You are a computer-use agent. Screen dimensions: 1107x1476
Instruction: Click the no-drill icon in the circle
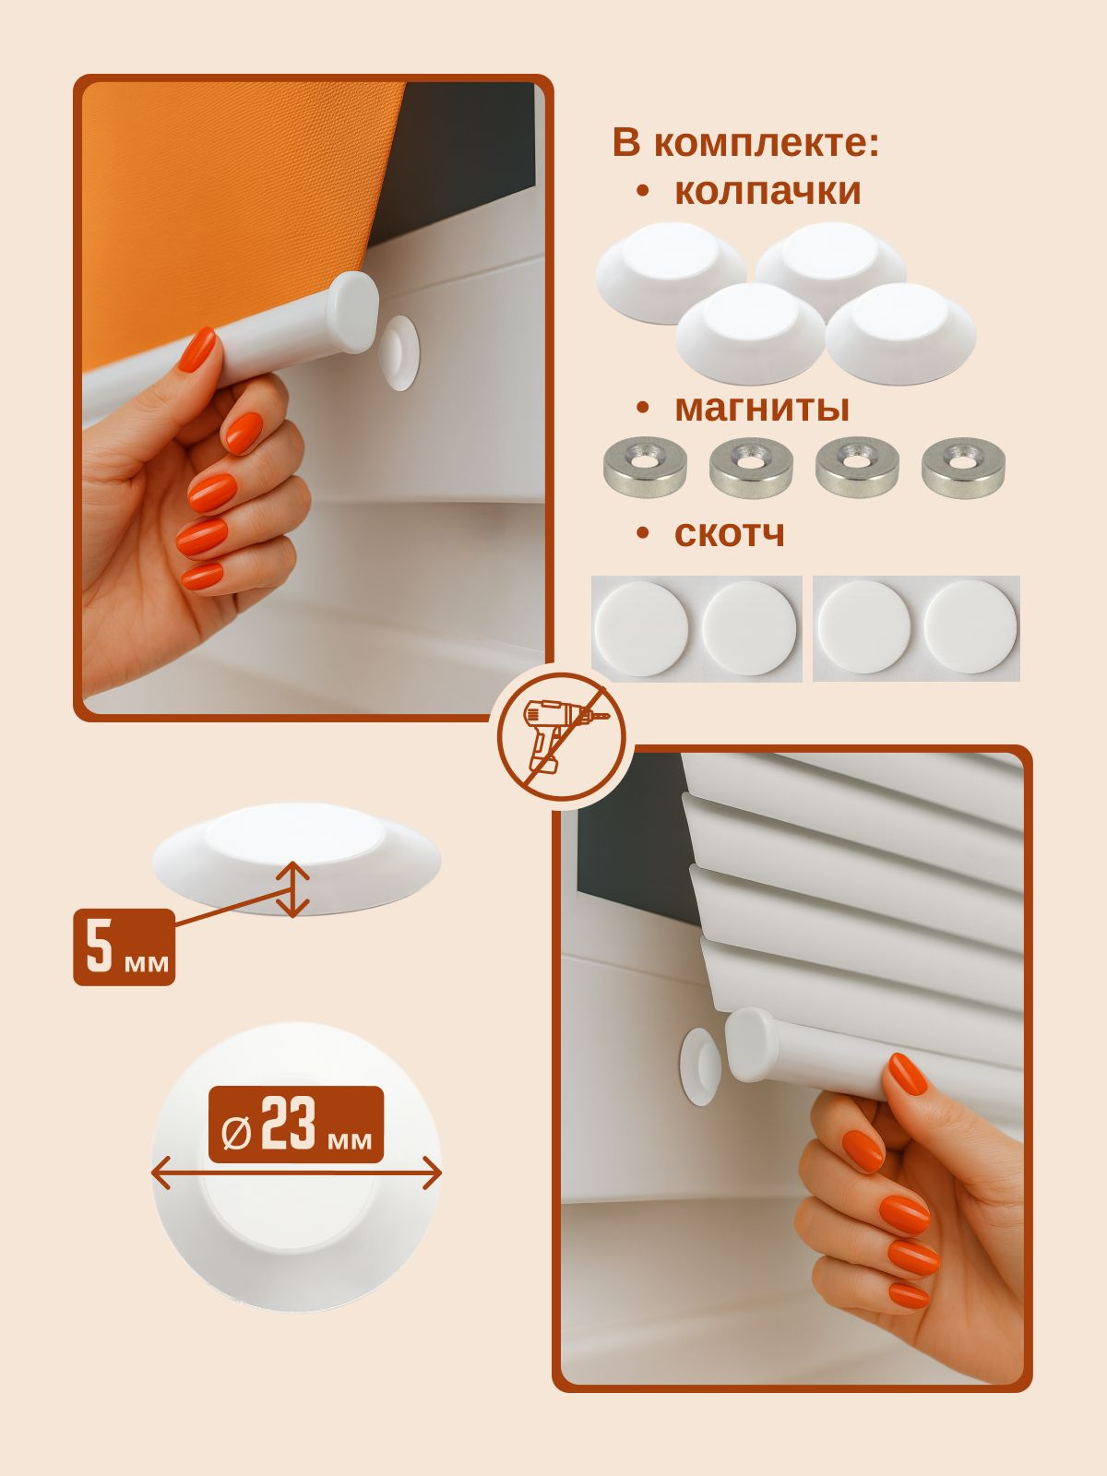561,737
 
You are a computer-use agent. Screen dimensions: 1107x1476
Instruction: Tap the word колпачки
768,190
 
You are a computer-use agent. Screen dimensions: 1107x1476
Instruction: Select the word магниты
762,408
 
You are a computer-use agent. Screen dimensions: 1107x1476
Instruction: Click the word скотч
730,534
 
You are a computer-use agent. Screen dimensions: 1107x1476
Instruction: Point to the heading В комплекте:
745,143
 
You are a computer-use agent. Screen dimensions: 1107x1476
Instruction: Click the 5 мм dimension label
125,947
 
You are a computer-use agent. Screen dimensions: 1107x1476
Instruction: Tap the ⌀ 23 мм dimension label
296,1125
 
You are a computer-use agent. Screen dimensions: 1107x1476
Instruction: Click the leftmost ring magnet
645,467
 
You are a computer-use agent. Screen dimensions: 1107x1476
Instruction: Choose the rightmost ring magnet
963,467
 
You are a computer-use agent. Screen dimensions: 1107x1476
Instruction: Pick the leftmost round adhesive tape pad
641,629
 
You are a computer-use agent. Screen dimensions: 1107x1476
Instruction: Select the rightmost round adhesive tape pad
970,627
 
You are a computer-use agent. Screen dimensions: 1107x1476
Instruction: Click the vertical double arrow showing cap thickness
292,889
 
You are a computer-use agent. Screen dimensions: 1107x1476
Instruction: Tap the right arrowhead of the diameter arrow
432,1174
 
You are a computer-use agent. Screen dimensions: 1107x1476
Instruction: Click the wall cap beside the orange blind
399,353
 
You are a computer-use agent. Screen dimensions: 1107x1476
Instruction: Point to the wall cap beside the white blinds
699,1066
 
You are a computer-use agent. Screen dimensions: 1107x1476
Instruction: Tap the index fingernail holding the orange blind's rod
197,349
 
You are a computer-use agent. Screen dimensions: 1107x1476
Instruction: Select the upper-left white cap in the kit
671,271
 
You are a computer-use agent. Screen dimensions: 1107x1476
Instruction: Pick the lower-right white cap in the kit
900,333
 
